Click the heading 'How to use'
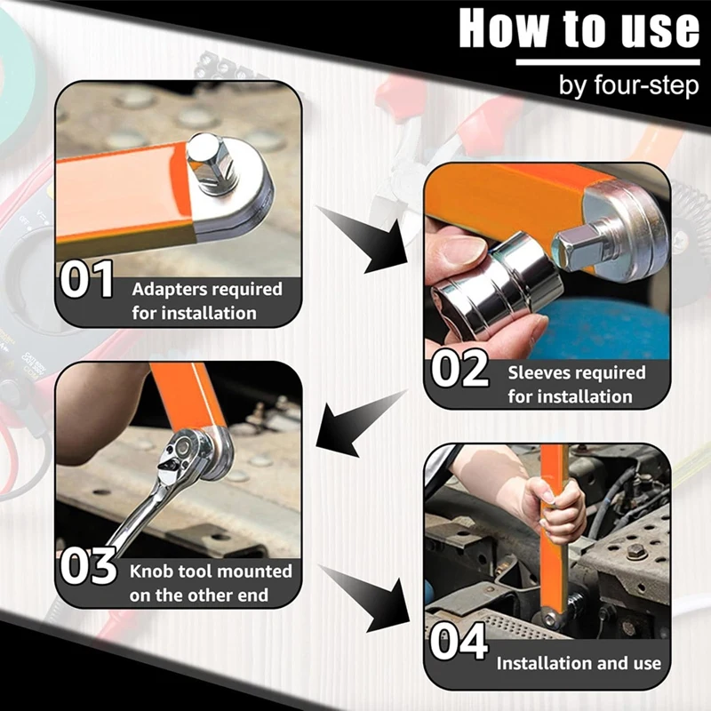click(579, 28)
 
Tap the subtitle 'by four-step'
click(628, 86)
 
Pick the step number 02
click(459, 369)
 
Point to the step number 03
click(88, 566)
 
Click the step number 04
click(459, 643)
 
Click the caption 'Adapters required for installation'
click(206, 300)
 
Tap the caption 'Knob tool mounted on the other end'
click(210, 583)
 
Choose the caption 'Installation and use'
click(578, 663)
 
